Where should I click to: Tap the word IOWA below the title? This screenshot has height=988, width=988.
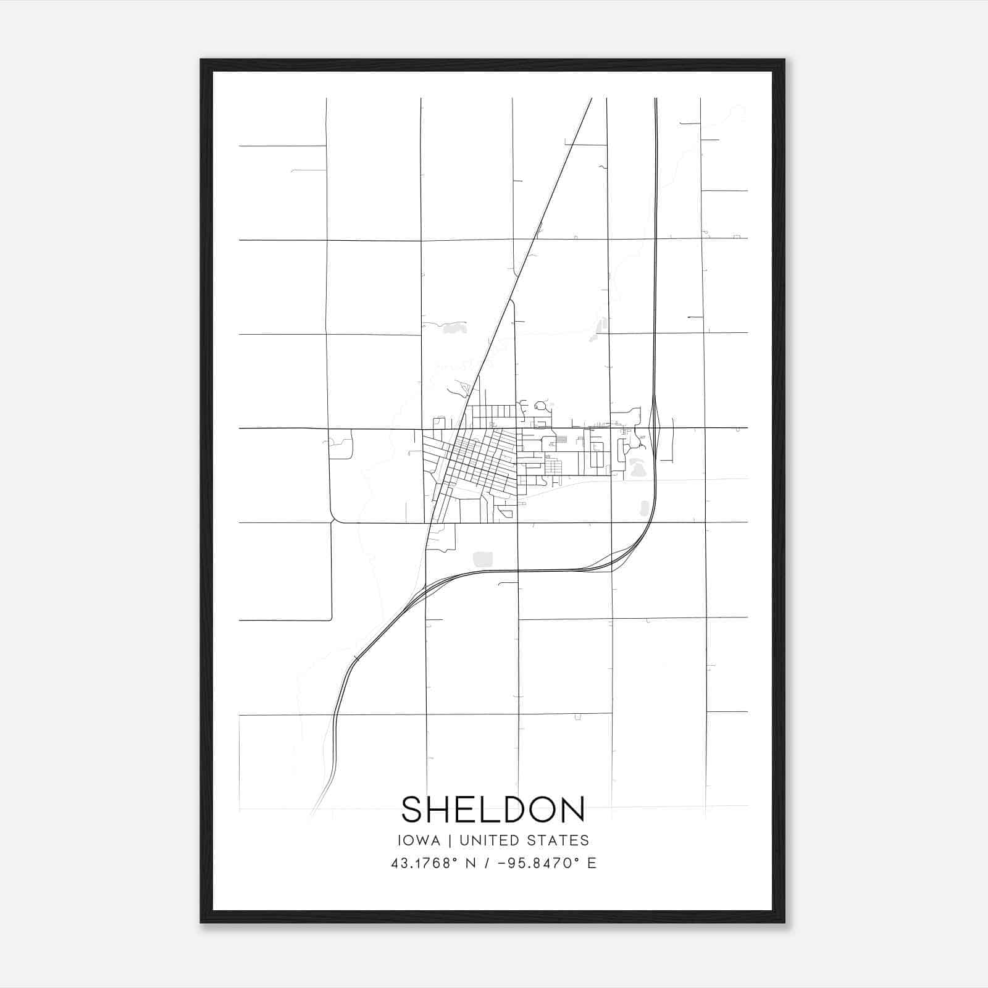click(419, 840)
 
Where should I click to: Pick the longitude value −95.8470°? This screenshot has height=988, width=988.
click(540, 863)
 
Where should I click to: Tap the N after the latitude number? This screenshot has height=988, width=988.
click(471, 863)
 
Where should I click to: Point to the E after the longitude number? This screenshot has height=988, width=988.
click(592, 863)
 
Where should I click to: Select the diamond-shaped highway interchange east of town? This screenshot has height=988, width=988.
click(656, 421)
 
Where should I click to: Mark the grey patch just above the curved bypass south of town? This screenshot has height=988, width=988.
click(483, 559)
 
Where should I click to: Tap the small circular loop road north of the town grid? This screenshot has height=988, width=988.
click(542, 406)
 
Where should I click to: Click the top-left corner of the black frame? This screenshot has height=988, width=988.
click(202, 61)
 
